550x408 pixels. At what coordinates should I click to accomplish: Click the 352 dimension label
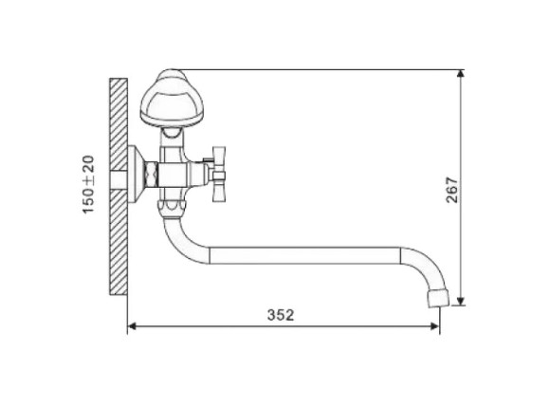coord(281,315)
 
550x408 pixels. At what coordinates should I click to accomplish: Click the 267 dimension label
coord(451,190)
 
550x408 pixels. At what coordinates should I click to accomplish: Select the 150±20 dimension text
coord(88,184)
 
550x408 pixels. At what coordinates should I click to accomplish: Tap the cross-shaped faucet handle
coord(218,175)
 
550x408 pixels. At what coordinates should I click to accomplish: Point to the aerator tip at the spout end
coord(438,298)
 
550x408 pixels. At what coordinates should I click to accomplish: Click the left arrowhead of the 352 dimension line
coord(132,326)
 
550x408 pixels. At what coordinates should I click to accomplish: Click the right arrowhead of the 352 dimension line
coord(435,326)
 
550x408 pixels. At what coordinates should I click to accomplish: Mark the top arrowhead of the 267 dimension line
coord(461,74)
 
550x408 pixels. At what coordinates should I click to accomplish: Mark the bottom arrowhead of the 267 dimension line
coord(461,301)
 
